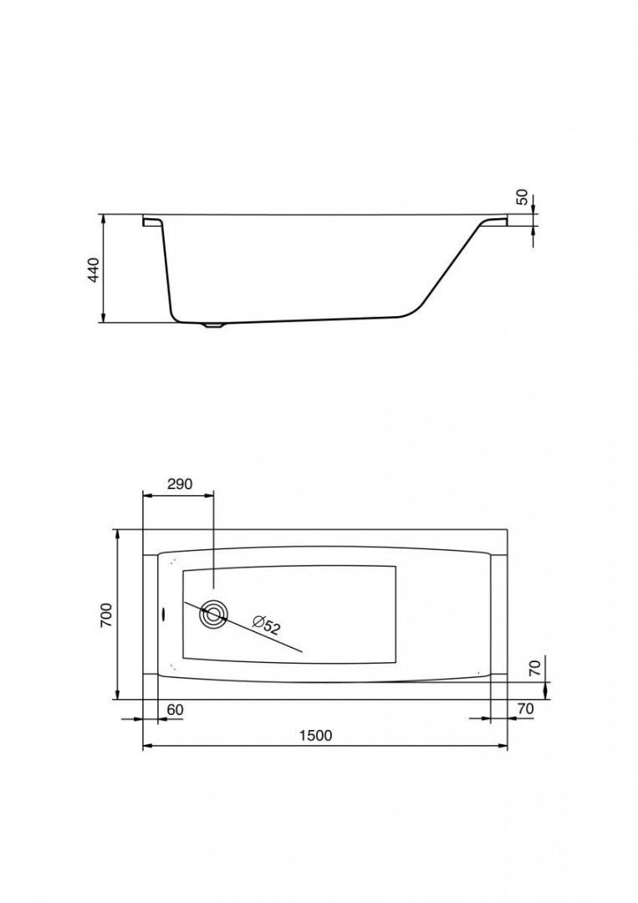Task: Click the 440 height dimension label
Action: coord(94,269)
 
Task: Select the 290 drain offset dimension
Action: coord(179,484)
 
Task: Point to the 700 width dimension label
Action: coord(108,615)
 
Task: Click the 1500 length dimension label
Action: coord(316,736)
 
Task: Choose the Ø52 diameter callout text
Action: coord(266,625)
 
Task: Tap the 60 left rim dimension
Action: coord(175,710)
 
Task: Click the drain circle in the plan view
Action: coord(213,615)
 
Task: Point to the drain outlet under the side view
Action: coord(213,324)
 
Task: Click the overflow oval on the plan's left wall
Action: coord(164,615)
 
